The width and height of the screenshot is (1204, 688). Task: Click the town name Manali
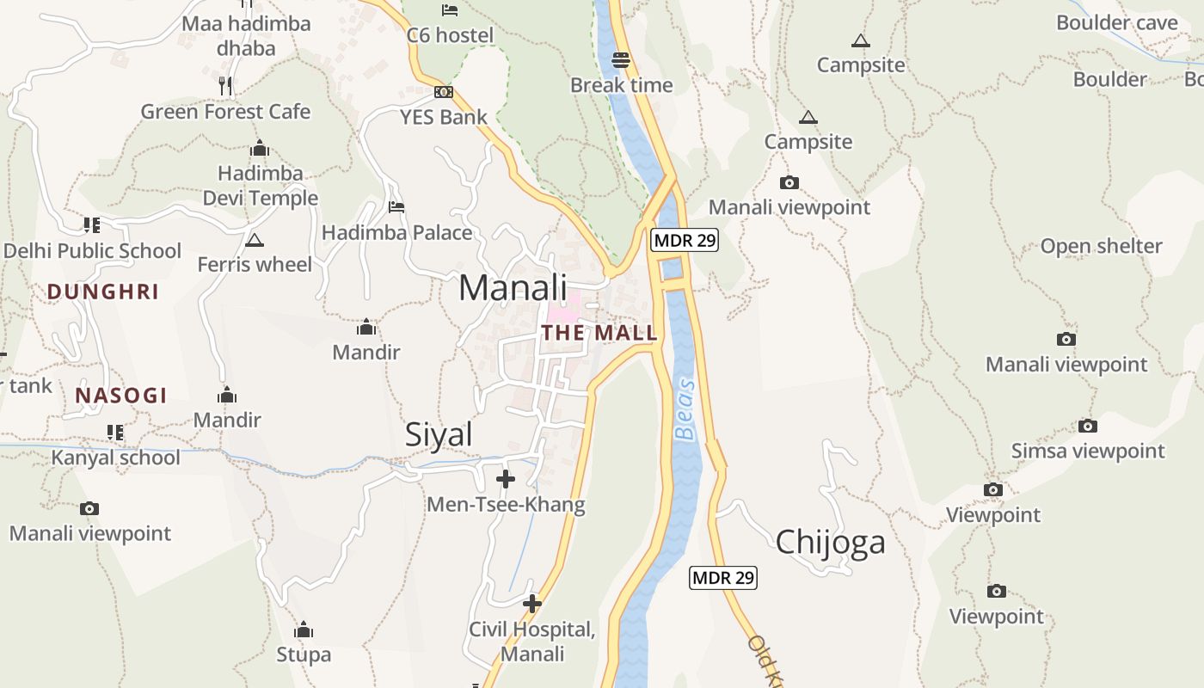[x=513, y=287]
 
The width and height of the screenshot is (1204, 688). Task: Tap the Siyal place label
[x=439, y=434]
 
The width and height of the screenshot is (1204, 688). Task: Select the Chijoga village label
[x=830, y=542]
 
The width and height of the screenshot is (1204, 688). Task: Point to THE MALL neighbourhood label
[x=599, y=333]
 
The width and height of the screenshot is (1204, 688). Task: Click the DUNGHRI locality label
[x=103, y=292]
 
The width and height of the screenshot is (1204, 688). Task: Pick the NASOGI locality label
[x=120, y=396]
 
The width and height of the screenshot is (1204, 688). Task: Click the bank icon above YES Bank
[x=444, y=92]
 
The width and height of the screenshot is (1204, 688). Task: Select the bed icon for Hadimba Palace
[x=396, y=206]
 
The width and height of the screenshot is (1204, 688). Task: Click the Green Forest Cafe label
[x=225, y=111]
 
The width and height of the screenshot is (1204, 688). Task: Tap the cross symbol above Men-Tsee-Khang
[x=506, y=479]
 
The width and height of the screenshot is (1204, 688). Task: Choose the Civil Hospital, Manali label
[x=532, y=642]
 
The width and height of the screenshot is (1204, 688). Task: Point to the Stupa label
[x=304, y=654]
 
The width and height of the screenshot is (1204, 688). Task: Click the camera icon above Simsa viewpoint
[x=1088, y=426]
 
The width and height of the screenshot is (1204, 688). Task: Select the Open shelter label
[x=1101, y=246]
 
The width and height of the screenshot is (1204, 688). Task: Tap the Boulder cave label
[x=1116, y=22]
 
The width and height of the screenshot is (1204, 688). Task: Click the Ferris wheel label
[x=255, y=264]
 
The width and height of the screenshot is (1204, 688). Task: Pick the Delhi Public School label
[x=93, y=251]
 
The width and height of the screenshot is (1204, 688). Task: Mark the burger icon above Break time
[x=621, y=60]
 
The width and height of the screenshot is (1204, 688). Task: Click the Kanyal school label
[x=116, y=457]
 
